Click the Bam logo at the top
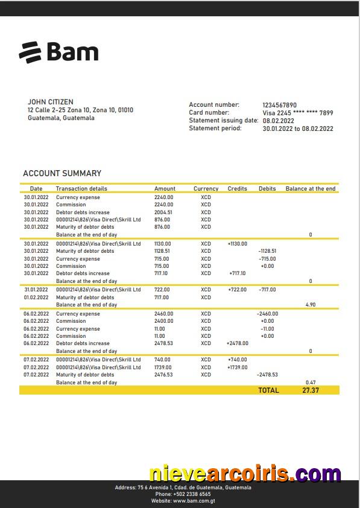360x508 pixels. [58, 52]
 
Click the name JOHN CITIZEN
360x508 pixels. [51, 102]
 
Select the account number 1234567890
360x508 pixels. [279, 105]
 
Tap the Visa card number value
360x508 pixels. [297, 113]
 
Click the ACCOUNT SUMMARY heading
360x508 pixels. [62, 173]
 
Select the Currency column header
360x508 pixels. [206, 189]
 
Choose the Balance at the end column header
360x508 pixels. [310, 189]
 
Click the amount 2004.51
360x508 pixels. [163, 212]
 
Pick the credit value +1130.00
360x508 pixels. [237, 244]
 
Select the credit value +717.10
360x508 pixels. [237, 273]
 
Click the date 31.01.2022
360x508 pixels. [36, 290]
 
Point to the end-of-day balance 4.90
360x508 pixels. [311, 305]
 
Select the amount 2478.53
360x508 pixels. [163, 343]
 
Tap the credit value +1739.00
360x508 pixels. [237, 367]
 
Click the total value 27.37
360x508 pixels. [311, 390]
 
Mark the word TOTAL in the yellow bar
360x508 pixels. [268, 390]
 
